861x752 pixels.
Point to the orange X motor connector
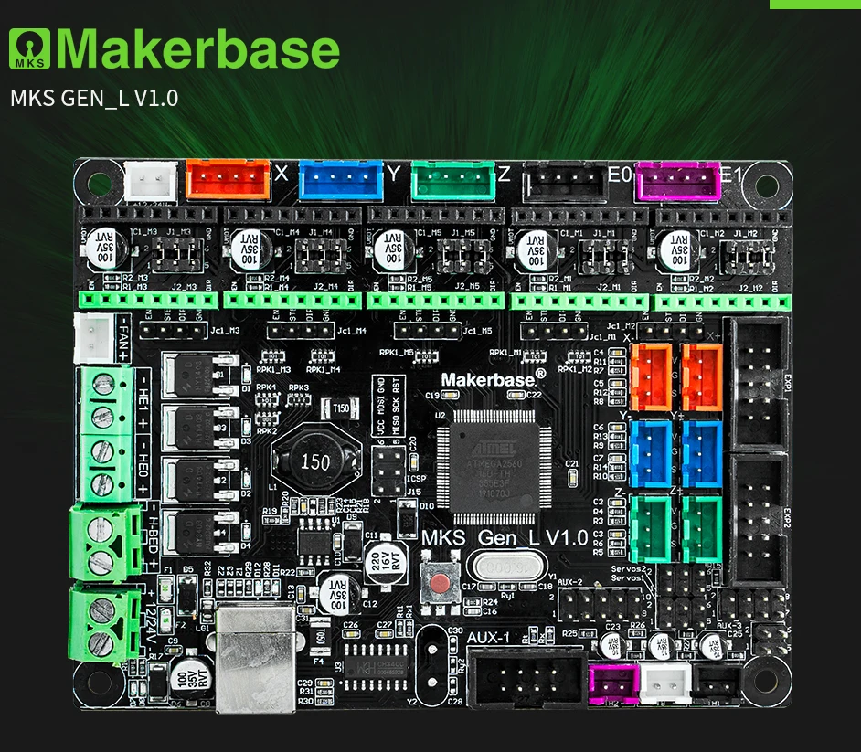(x=228, y=180)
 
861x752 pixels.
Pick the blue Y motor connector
(x=340, y=179)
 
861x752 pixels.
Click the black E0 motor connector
(x=565, y=181)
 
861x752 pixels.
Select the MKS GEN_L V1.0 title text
(x=93, y=98)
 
